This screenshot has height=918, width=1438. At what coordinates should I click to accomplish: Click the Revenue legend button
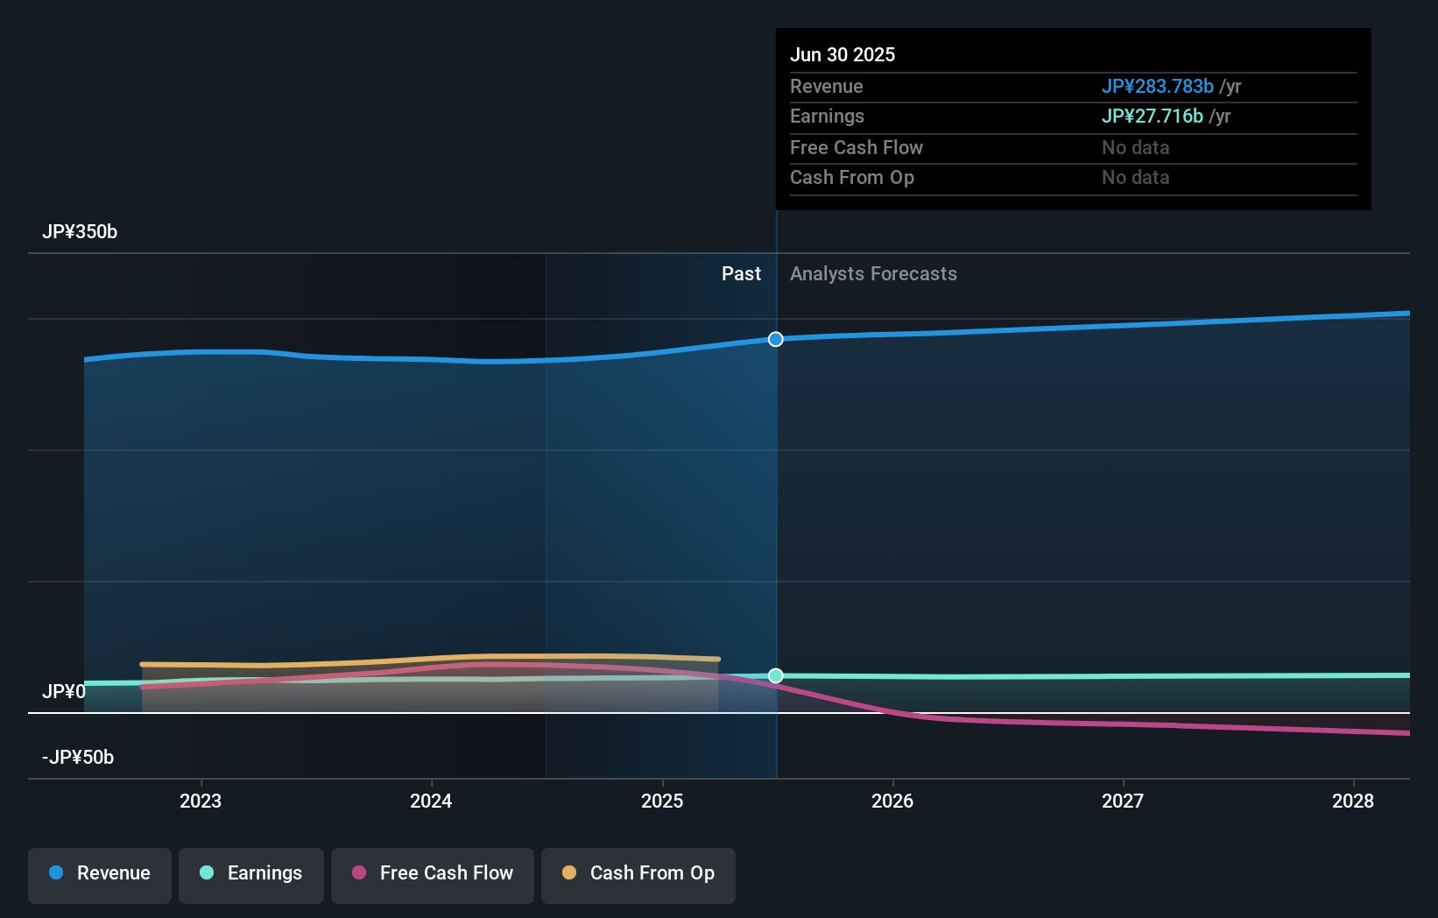pyautogui.click(x=100, y=873)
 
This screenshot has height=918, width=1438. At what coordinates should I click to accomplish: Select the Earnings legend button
pyautogui.click(x=251, y=873)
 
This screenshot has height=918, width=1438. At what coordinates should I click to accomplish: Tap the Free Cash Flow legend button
pyautogui.click(x=433, y=873)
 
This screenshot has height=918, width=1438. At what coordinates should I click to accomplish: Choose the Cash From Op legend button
pyautogui.click(x=638, y=873)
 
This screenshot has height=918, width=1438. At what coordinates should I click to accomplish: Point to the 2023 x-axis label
pyautogui.click(x=201, y=801)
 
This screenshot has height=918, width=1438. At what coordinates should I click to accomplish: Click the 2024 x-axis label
pyautogui.click(x=431, y=801)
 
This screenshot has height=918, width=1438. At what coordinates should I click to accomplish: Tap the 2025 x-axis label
pyautogui.click(x=662, y=801)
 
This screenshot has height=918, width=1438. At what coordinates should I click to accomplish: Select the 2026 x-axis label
pyautogui.click(x=892, y=801)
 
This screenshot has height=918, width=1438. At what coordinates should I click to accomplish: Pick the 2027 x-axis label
pyautogui.click(x=1123, y=801)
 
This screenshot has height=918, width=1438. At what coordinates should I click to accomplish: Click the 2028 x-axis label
pyautogui.click(x=1353, y=801)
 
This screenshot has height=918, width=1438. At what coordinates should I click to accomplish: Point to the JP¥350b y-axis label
pyautogui.click(x=80, y=232)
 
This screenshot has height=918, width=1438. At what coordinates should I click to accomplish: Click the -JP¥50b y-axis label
pyautogui.click(x=78, y=758)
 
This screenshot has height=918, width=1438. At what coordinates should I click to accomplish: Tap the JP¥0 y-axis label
pyautogui.click(x=63, y=692)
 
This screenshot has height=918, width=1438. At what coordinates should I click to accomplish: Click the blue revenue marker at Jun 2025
pyautogui.click(x=776, y=339)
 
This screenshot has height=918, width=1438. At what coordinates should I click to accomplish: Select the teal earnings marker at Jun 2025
pyautogui.click(x=776, y=675)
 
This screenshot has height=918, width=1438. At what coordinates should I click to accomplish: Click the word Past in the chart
pyautogui.click(x=741, y=274)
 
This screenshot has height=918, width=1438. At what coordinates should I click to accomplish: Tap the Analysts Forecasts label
pyautogui.click(x=873, y=274)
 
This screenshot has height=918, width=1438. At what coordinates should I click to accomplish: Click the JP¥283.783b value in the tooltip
pyautogui.click(x=1157, y=87)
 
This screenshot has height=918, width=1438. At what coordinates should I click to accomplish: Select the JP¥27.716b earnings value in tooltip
pyautogui.click(x=1152, y=117)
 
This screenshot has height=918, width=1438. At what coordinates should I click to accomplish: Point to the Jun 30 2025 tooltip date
pyautogui.click(x=842, y=55)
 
